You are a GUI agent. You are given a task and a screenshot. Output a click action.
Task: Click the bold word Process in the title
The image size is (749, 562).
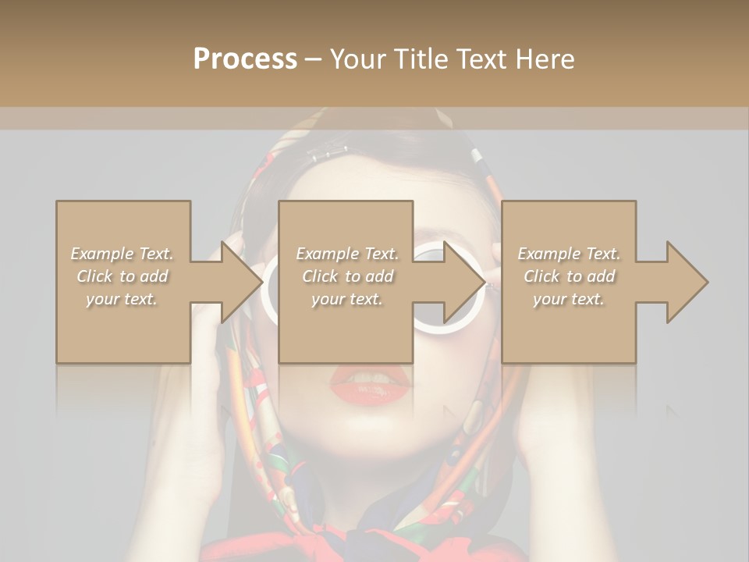(x=245, y=59)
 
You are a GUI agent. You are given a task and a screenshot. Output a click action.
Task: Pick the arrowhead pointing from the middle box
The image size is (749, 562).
(x=463, y=281)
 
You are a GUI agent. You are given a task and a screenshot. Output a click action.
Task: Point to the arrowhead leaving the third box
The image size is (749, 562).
(x=687, y=281)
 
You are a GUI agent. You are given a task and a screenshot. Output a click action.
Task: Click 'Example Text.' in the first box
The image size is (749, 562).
(x=122, y=254)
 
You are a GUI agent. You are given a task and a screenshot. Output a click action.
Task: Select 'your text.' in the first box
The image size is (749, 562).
(x=122, y=299)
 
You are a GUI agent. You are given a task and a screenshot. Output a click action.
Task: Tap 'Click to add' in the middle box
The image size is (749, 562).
(x=347, y=276)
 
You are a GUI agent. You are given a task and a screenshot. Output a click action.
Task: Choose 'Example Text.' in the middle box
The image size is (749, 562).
(x=347, y=254)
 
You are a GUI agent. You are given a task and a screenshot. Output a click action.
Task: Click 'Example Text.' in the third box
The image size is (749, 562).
(x=569, y=254)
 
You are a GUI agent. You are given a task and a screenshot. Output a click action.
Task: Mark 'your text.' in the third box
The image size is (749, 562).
(x=569, y=299)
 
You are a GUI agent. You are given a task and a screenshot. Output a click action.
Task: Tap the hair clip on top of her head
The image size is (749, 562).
(x=328, y=152)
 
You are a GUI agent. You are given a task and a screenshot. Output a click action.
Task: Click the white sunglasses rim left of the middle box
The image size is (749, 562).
(x=268, y=293)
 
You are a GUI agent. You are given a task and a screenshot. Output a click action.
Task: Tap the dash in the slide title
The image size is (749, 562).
(x=314, y=60)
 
